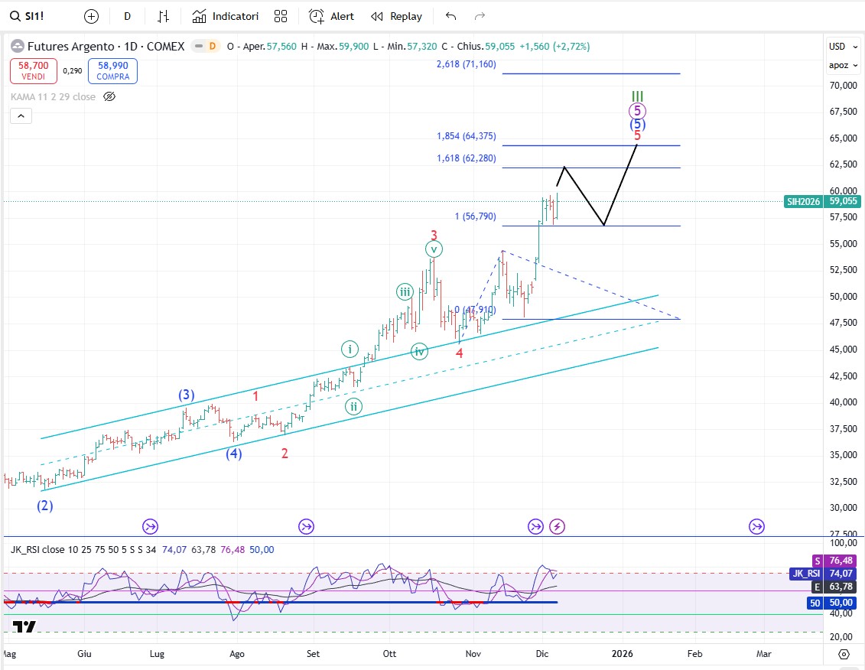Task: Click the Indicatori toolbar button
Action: [x=226, y=16]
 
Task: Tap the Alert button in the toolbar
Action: [x=331, y=16]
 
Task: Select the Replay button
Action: [x=396, y=16]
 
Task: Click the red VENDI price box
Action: [x=33, y=71]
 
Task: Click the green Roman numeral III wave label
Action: [x=638, y=97]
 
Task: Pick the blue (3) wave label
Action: [x=187, y=395]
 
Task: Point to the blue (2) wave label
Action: [x=46, y=506]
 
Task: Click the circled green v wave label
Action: [x=434, y=249]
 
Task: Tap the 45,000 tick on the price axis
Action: [x=842, y=350]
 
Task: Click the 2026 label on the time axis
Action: [x=622, y=654]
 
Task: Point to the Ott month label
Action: [x=389, y=654]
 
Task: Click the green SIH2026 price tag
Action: [x=802, y=202]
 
